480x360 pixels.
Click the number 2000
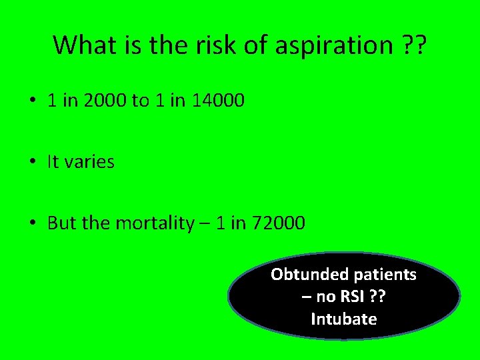105,101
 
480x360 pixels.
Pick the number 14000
218,101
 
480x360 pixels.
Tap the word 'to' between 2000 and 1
141,101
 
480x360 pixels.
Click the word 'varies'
91,162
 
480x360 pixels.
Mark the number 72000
278,223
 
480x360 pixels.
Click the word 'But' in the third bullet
62,223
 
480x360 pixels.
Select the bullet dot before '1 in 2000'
33,101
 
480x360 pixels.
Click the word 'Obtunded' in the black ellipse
309,274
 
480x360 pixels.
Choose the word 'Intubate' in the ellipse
343,319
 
